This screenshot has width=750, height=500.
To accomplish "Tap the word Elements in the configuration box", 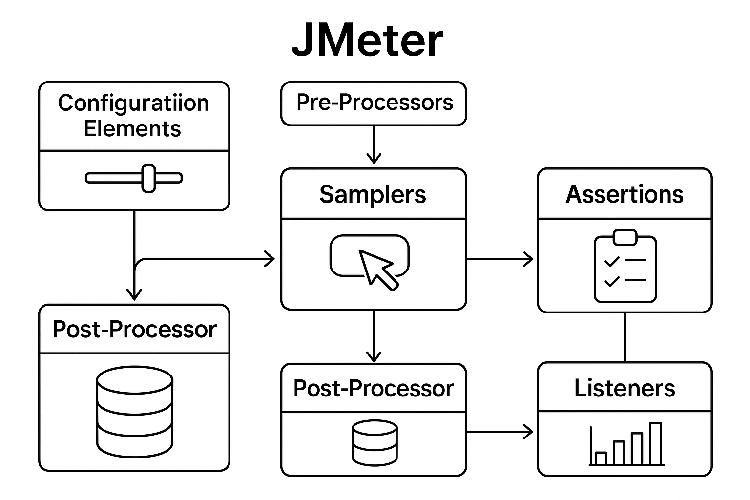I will point(132,129).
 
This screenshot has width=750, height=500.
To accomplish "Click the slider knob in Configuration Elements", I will point(148,178).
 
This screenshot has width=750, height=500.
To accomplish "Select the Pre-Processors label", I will point(375,103).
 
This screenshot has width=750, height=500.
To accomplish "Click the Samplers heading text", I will point(373,194).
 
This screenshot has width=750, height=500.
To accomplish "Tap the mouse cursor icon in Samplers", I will point(376,269).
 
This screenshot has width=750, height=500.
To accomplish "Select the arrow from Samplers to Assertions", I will point(500,259).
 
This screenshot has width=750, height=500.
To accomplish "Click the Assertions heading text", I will point(625,194).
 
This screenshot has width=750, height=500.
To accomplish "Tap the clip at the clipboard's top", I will point(625,237).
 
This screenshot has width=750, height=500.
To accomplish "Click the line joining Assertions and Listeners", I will point(625,337).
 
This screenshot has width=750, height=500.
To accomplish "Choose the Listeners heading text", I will point(625,388).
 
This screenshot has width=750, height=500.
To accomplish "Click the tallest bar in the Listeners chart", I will point(655,443).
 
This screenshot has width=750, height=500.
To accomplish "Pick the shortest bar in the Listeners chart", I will point(601,458).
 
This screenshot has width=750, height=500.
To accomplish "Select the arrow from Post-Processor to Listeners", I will point(500,432).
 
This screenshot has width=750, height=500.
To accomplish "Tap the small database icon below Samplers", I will point(374,442).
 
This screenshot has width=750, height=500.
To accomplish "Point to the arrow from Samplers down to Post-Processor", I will point(374,337).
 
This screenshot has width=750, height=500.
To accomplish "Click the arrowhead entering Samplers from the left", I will point(270,259).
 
